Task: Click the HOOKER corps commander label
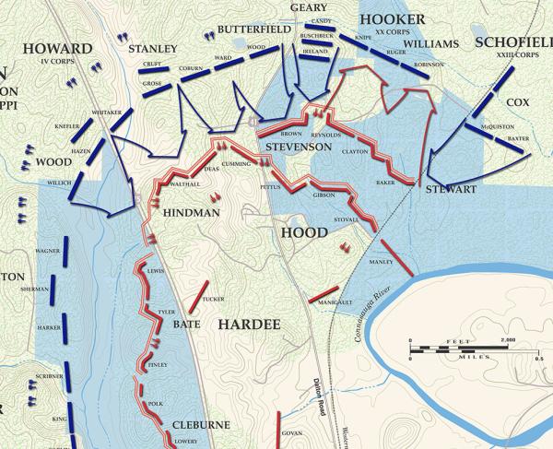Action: [x=392, y=19]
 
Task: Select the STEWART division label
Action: [x=450, y=189]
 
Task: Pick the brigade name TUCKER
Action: [x=213, y=299]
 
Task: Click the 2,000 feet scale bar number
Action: [x=508, y=341]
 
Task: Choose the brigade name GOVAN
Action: [x=291, y=432]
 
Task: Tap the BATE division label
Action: [x=186, y=324]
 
